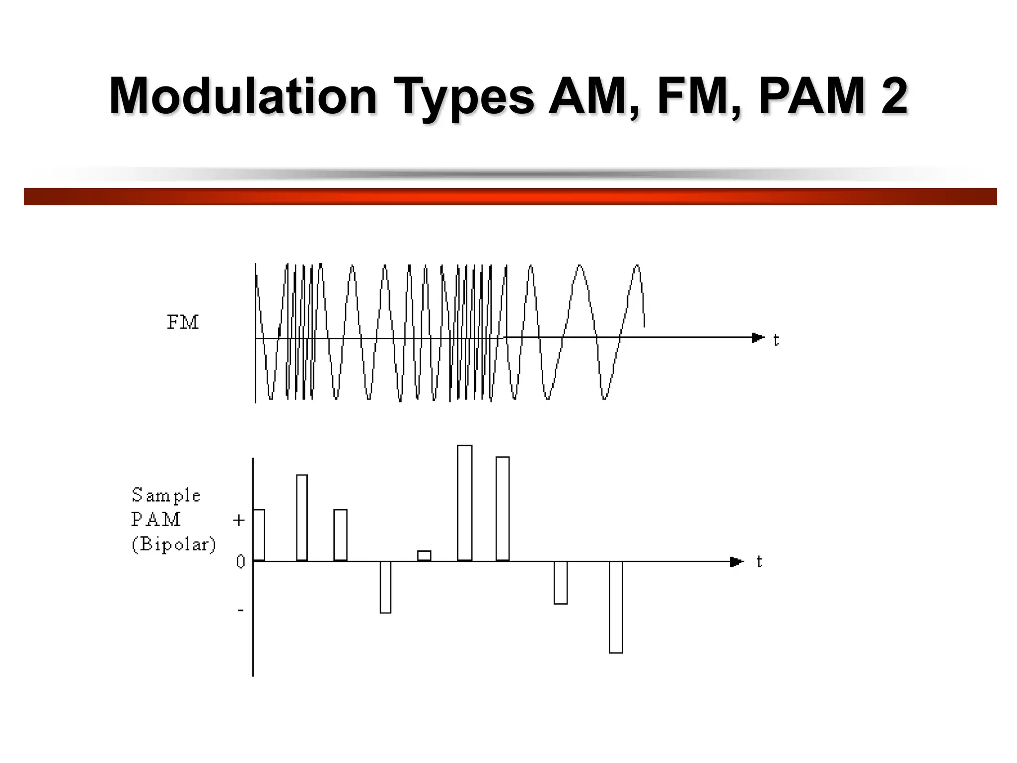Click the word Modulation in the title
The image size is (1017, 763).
click(x=243, y=96)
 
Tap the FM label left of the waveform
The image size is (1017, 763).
click(x=183, y=323)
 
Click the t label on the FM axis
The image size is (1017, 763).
click(x=776, y=340)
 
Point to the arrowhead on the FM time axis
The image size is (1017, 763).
click(x=758, y=338)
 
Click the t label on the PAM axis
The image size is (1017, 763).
click(x=759, y=562)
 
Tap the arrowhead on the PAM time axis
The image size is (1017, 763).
click(x=737, y=562)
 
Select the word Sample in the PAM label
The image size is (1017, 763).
click(x=166, y=495)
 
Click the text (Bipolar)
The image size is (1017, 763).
click(x=174, y=544)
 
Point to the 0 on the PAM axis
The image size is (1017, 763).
click(x=240, y=562)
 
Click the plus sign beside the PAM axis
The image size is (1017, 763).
click(x=239, y=520)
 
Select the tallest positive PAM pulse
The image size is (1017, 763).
click(x=465, y=503)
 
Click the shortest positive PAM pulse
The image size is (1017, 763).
click(x=424, y=556)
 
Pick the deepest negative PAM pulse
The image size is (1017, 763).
click(x=616, y=607)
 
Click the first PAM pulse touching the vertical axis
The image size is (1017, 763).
click(x=259, y=535)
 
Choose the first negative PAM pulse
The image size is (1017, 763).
click(x=385, y=587)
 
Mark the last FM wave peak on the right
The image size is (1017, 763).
click(x=637, y=267)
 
